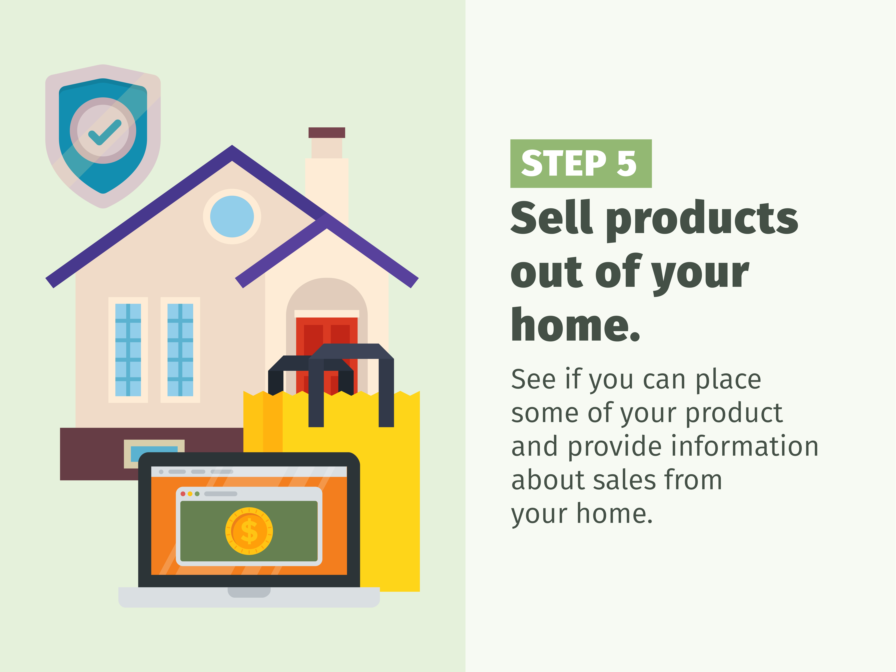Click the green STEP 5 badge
tap(581, 164)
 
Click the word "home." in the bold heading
tap(575, 325)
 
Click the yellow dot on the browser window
tap(190, 494)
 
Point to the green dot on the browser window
tap(197, 494)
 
